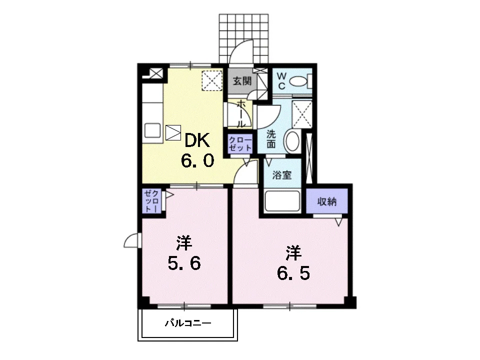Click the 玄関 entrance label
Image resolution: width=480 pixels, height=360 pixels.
(242, 81)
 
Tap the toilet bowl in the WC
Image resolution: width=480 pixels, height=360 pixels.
(298, 81)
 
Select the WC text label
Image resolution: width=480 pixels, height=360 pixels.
(281, 81)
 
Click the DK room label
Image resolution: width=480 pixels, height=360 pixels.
(197, 141)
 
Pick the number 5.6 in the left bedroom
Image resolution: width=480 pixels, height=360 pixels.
(184, 263)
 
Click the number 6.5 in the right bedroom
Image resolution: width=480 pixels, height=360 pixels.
(293, 273)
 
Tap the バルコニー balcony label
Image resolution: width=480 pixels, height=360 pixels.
(188, 323)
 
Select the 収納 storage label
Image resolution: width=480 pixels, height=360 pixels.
(327, 201)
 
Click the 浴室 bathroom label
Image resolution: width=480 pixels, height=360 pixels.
(282, 175)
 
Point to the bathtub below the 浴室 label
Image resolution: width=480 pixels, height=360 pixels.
(282, 201)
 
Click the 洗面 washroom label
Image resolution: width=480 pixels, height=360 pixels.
(271, 139)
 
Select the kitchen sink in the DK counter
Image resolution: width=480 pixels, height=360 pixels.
(152, 130)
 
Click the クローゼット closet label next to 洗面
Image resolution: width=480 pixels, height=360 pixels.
(240, 143)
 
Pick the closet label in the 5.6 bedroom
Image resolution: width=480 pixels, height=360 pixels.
(152, 201)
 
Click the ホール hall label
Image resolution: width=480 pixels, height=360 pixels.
(241, 113)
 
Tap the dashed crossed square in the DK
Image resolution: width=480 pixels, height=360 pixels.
(212, 80)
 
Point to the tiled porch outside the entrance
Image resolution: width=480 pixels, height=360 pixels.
(243, 38)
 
